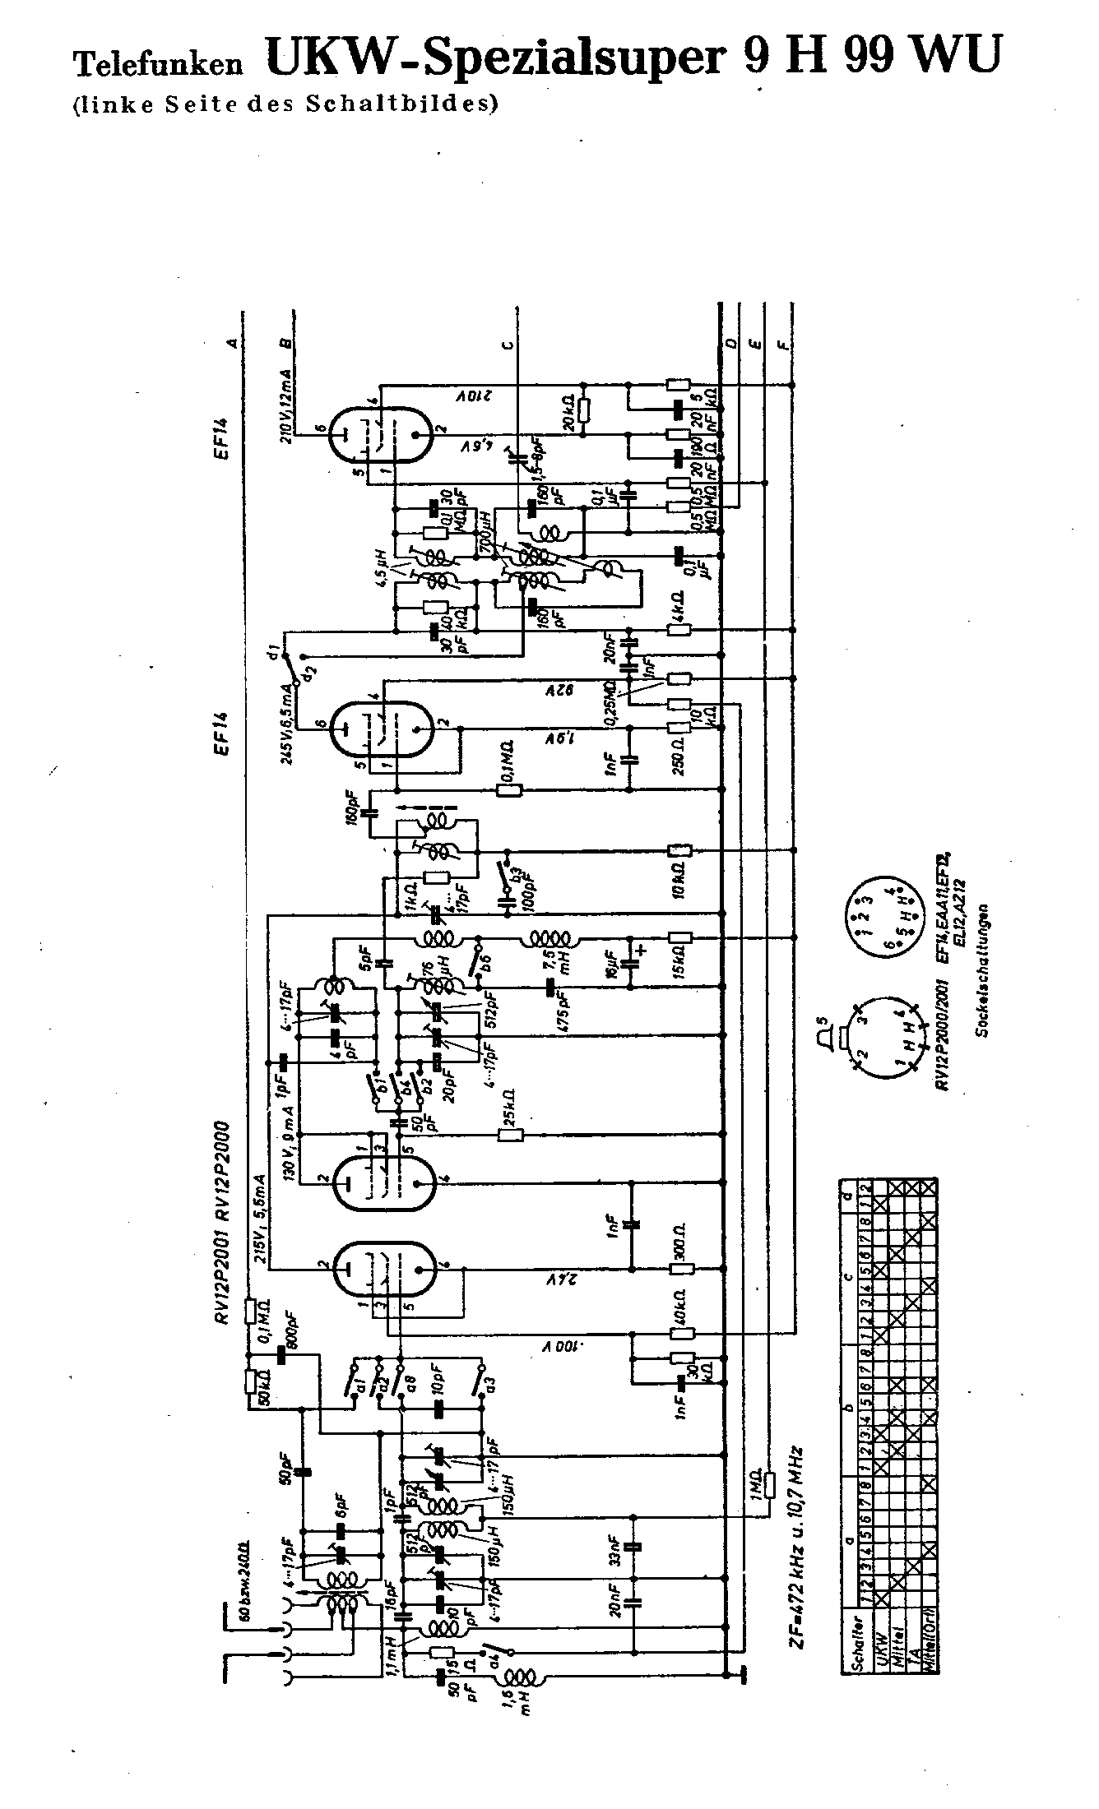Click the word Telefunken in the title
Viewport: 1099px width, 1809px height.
pos(158,62)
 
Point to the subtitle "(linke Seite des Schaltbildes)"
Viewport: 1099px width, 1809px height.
pos(285,104)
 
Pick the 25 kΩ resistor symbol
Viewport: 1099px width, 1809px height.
pos(511,1135)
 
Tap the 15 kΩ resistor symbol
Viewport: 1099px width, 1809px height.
pos(680,937)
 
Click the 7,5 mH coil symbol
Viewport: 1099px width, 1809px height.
pos(551,937)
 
